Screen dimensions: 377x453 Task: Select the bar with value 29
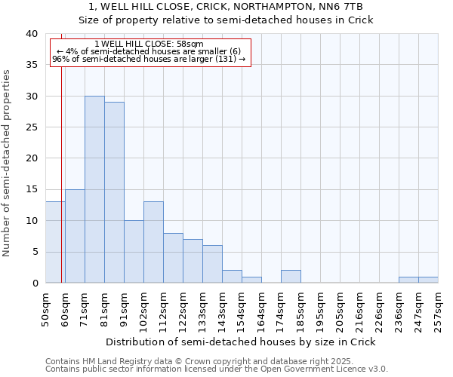point(114,193)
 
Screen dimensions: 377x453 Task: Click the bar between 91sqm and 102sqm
point(134,252)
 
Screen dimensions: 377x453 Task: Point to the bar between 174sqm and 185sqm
point(291,277)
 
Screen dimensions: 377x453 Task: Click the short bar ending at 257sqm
point(428,280)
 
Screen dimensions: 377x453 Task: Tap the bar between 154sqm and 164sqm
point(251,280)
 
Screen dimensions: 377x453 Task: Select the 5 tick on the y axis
point(35,252)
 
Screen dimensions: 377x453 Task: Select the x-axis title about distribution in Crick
point(240,342)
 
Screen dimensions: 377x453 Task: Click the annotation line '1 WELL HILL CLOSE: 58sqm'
point(149,44)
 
